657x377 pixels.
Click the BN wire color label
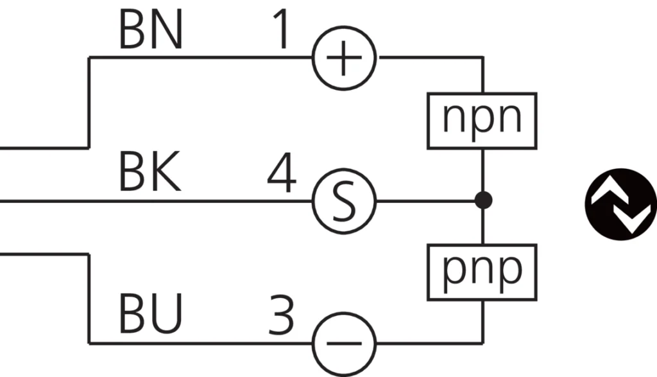coord(151,32)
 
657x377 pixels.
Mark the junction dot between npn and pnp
coord(483,200)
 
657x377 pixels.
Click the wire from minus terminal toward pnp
coord(430,344)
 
